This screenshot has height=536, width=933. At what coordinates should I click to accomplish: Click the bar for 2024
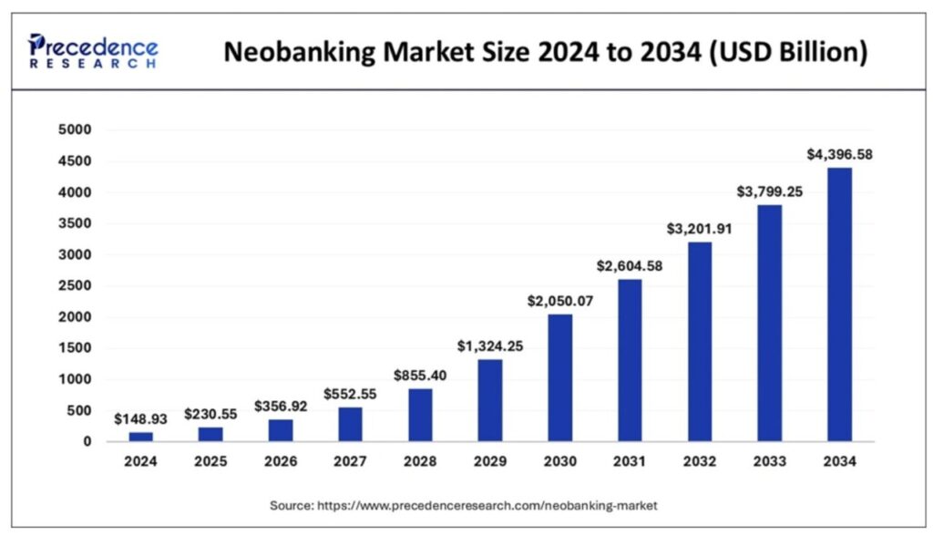141,437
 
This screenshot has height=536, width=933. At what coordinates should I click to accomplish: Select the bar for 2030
559,377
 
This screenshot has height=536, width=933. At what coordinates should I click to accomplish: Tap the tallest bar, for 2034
838,304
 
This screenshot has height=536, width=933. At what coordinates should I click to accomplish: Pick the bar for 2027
351,424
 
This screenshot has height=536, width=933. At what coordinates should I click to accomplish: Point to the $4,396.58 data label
839,155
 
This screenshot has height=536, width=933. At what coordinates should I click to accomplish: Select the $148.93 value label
141,419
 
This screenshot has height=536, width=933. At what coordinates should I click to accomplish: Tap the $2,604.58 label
629,266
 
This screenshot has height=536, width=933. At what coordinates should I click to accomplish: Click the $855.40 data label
420,376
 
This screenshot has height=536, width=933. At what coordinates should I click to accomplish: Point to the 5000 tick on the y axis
76,130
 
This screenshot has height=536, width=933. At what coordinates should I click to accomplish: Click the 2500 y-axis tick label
76,286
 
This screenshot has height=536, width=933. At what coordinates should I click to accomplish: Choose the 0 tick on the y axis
87,442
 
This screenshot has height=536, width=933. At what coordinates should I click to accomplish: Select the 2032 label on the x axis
699,462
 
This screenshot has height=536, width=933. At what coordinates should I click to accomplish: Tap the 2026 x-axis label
281,462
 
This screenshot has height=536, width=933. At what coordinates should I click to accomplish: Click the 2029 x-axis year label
490,462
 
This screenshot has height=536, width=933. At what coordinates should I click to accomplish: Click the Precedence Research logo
92,51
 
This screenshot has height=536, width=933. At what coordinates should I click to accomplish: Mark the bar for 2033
769,323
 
